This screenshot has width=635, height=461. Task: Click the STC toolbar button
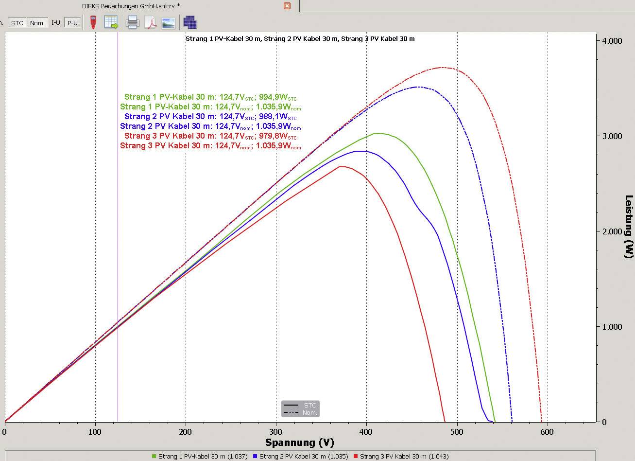[x=17, y=23]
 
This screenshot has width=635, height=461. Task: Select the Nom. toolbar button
[x=37, y=23]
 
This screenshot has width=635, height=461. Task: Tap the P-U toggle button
[x=72, y=23]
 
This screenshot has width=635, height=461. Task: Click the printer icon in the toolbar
[x=133, y=22]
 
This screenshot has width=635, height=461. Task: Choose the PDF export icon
[x=150, y=22]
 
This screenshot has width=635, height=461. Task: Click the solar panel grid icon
[x=190, y=22]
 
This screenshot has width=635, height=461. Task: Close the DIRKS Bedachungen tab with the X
[x=287, y=6]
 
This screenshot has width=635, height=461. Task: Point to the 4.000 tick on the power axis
[x=611, y=41]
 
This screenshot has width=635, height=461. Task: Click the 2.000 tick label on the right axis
[x=611, y=231]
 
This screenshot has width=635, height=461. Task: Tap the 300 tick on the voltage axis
[x=276, y=431]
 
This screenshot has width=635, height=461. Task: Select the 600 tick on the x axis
[x=548, y=431]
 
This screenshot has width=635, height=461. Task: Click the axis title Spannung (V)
[x=299, y=443]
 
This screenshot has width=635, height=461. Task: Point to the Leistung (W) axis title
[x=629, y=227]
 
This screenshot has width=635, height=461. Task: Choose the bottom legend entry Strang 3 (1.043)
[x=404, y=456]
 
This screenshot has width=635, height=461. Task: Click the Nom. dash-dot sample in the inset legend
[x=291, y=413]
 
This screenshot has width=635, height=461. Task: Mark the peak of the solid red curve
[x=342, y=167]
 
